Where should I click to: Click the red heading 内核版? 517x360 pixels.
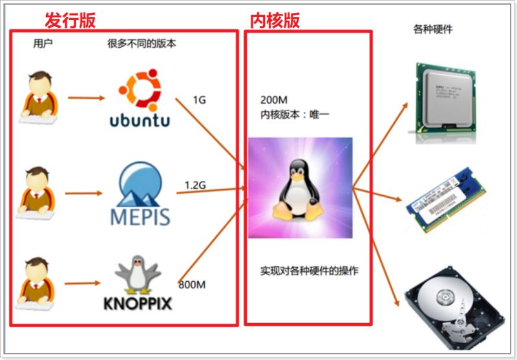click(275, 20)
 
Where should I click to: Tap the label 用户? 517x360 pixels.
click(43, 45)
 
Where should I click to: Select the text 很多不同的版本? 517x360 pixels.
click(142, 45)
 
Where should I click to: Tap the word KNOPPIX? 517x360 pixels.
click(138, 302)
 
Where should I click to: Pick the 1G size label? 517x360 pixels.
click(199, 101)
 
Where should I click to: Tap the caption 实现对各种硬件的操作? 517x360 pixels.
click(308, 271)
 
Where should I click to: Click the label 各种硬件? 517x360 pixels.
click(432, 29)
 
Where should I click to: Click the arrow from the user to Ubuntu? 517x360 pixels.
click(86, 99)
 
